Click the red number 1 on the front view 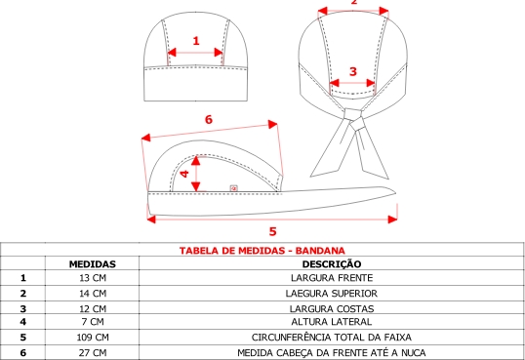[196, 41]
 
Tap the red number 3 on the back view [353, 71]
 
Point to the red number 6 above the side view [208, 119]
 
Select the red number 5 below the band [273, 231]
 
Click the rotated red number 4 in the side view [184, 174]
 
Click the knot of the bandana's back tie [353, 117]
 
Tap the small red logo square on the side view [233, 188]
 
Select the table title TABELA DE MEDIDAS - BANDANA [262, 251]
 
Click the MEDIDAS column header [93, 264]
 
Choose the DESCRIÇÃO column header [332, 263]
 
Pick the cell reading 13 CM [93, 278]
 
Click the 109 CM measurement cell [93, 337]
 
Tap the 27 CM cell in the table [93, 352]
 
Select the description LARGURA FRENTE [332, 278]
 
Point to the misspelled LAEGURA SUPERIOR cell [332, 294]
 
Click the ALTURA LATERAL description [332, 322]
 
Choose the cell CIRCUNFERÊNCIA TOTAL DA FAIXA [332, 337]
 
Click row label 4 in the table [22, 322]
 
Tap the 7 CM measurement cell [93, 322]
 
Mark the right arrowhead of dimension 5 [392, 220]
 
